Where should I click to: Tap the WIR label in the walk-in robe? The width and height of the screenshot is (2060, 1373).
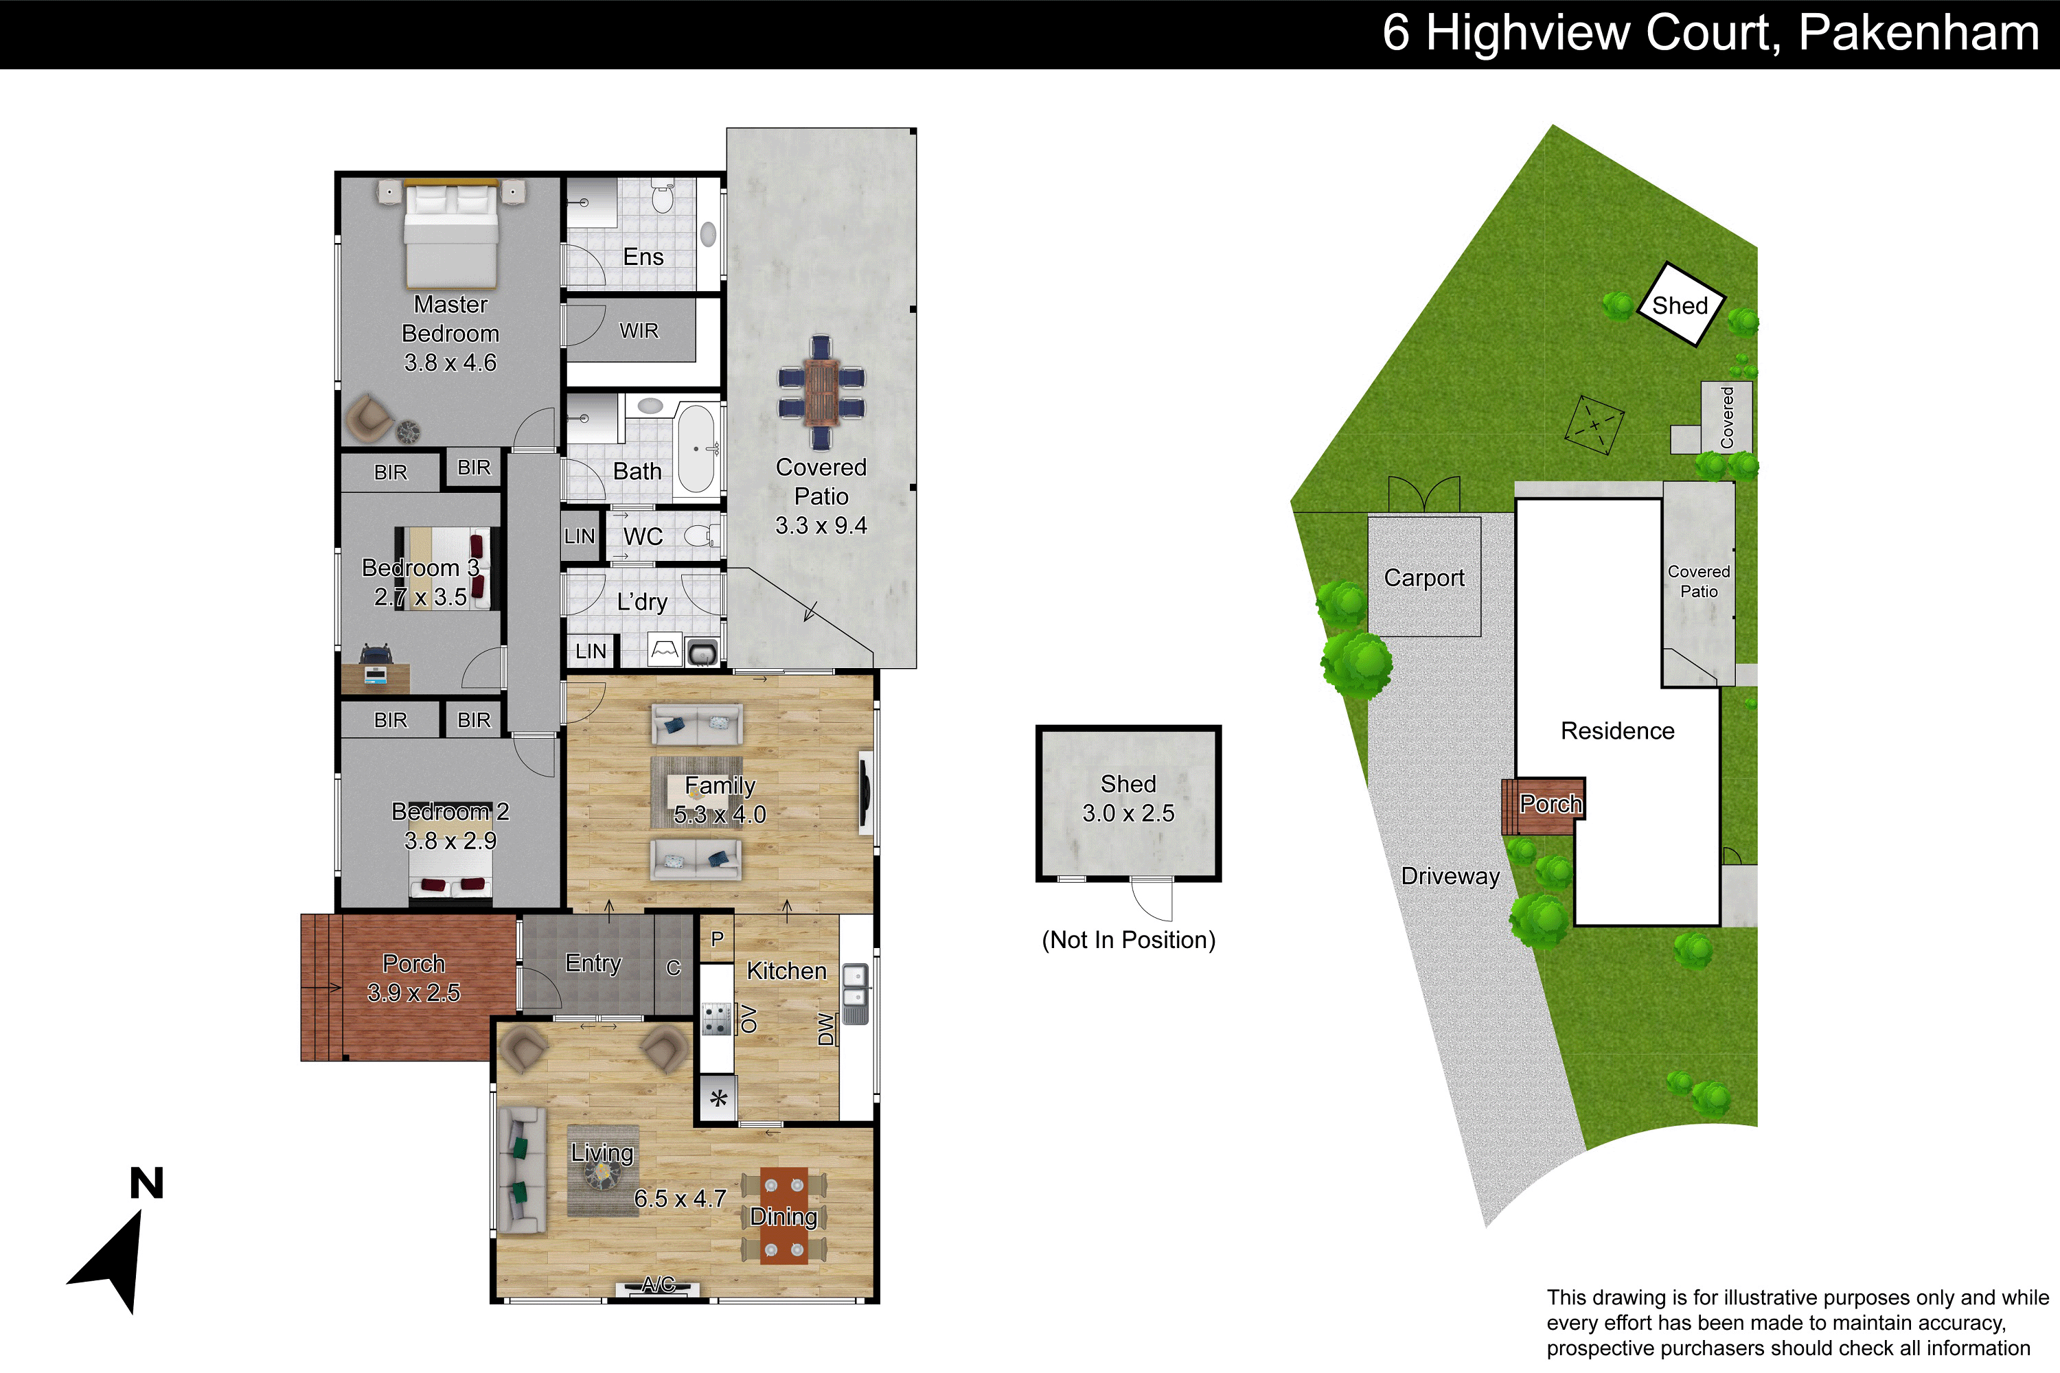click(x=639, y=331)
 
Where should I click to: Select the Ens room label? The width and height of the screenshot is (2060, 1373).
click(x=643, y=257)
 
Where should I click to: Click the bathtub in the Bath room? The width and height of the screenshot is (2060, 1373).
click(x=697, y=448)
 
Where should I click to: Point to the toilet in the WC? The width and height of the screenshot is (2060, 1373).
click(x=702, y=535)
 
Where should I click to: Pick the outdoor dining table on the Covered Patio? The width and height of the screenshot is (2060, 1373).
click(x=821, y=392)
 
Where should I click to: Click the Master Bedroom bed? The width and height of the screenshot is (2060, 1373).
click(x=451, y=235)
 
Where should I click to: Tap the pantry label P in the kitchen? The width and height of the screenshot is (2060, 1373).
click(x=718, y=938)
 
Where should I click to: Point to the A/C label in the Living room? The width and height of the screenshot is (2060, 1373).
click(x=658, y=1284)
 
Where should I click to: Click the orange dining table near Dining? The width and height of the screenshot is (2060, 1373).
click(x=784, y=1215)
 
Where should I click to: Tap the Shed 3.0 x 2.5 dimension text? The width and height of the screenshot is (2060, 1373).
click(x=1128, y=814)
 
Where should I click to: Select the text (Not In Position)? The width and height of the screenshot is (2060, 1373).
click(x=1128, y=940)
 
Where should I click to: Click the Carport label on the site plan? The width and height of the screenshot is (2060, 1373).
click(x=1424, y=578)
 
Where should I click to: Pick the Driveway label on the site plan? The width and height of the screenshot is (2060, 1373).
click(x=1450, y=876)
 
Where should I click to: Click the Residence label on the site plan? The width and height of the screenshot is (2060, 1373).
click(x=1617, y=730)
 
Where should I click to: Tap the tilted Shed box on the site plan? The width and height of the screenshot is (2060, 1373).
click(x=1681, y=304)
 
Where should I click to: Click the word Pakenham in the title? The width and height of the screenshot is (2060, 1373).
click(x=1918, y=33)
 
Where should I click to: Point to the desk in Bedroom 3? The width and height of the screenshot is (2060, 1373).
click(x=376, y=678)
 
